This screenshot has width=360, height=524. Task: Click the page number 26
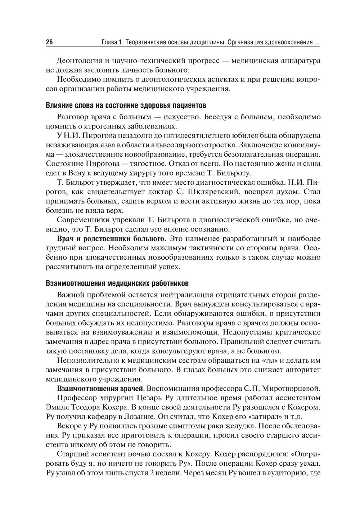[x=49, y=42]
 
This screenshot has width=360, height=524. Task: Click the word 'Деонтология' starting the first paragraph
[x=77, y=61]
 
